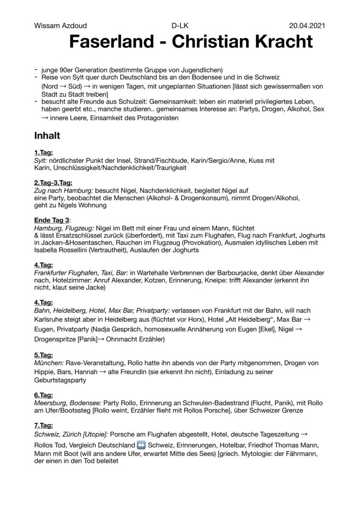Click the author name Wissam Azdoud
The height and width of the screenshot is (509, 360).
60,26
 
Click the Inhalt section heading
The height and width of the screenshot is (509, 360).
47,136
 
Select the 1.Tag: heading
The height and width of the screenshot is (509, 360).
43,153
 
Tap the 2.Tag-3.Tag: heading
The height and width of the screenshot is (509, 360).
53,183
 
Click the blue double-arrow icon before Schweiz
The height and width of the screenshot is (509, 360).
141,446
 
